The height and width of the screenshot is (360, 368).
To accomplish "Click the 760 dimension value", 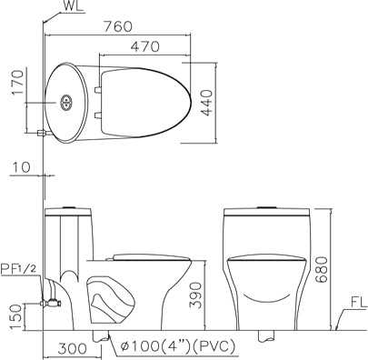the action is point(118,26).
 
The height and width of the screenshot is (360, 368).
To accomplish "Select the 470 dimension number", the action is point(144,46).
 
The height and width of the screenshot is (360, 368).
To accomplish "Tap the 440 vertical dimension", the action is point(207,103).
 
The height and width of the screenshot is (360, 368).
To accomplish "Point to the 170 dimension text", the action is point(18,83).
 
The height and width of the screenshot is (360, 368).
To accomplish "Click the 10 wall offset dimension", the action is point(22,167).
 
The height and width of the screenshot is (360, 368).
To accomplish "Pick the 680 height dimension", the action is point(322,269).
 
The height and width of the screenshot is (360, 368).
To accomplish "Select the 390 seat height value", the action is point(195,295).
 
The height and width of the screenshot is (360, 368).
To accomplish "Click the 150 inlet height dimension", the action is point(16,316).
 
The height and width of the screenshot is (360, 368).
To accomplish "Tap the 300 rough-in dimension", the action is point(72,349).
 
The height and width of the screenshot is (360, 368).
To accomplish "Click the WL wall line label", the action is point(74,6).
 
